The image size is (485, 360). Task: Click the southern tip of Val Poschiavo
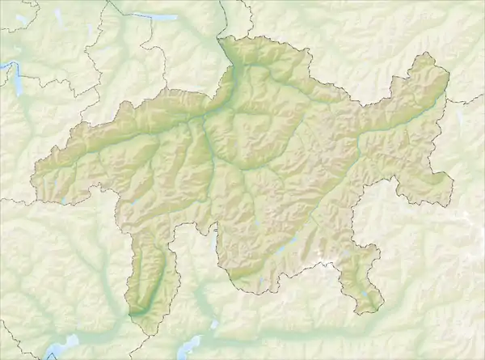click(371, 311)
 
